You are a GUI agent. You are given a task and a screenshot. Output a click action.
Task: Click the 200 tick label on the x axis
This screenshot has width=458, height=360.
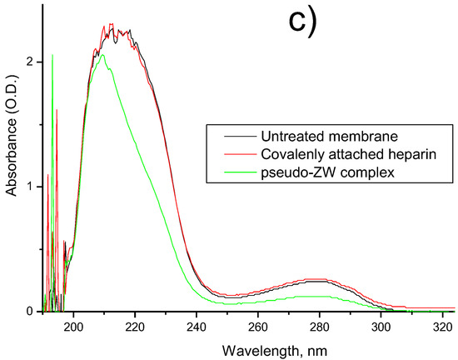[x=74, y=326]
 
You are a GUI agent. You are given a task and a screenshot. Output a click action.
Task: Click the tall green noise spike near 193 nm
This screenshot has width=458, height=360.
[x=52, y=58]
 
